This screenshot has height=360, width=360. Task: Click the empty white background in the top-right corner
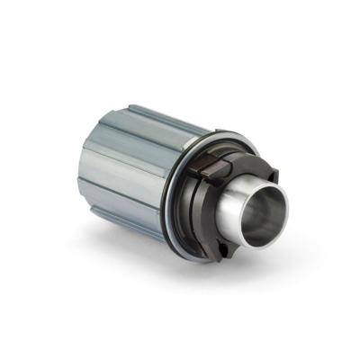pyautogui.click(x=333, y=27)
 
